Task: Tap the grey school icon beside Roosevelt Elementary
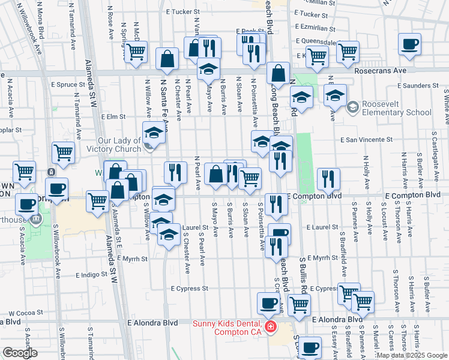[x=352, y=108]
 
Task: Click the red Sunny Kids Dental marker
[x=271, y=327]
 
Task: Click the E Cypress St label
[x=188, y=289]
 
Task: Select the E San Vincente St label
[x=366, y=139]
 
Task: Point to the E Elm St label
[x=113, y=117]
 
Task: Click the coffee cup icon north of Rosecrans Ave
[x=409, y=44]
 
